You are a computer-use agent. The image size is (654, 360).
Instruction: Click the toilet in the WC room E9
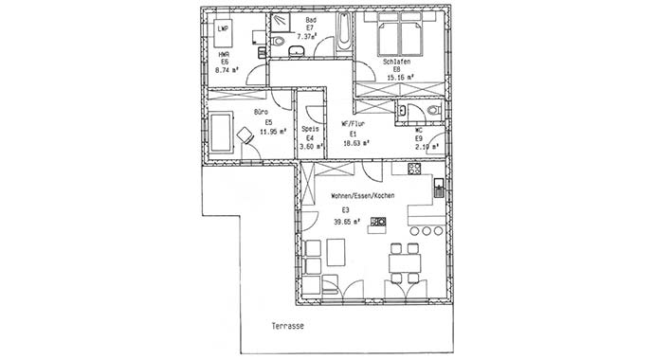[434, 111]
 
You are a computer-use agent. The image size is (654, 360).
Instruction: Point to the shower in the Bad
[282, 25]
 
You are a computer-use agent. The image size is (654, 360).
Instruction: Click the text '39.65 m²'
[351, 222]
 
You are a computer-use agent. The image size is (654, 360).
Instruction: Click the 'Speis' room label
[309, 130]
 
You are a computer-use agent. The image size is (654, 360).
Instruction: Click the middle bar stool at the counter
[426, 230]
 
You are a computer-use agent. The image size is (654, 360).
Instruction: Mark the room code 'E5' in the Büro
[269, 121]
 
